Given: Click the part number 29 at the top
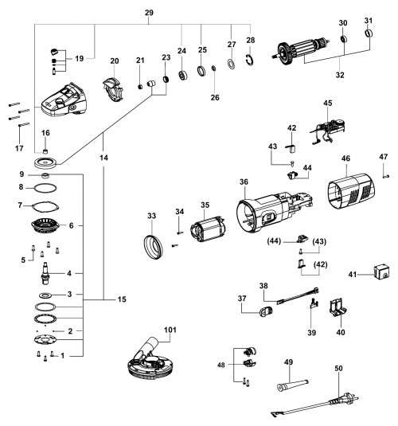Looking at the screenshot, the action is [x=149, y=13].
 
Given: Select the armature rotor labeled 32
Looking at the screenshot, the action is [x=300, y=51].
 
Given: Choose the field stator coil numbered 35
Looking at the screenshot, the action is [x=207, y=229].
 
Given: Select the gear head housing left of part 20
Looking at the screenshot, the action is [x=64, y=100].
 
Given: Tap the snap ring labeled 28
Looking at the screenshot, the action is [x=250, y=60].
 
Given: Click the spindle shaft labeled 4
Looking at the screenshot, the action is [x=45, y=273].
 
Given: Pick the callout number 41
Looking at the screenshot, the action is [x=352, y=275].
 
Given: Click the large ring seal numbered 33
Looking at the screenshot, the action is [x=153, y=247].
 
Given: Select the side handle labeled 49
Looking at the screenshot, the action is [x=293, y=385].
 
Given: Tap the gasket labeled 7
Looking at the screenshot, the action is [x=45, y=206].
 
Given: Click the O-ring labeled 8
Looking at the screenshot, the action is [x=45, y=188].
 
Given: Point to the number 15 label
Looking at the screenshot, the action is [x=122, y=299].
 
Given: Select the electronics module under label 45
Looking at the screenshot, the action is [x=328, y=131].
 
